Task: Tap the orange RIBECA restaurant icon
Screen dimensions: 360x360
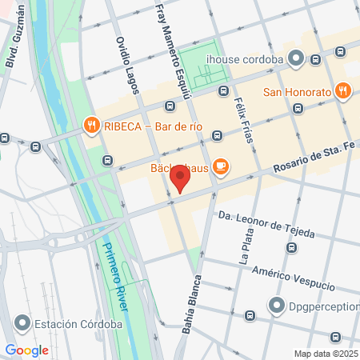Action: [91, 126]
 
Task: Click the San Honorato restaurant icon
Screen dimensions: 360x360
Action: [342, 91]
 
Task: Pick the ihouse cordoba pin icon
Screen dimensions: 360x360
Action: [297, 58]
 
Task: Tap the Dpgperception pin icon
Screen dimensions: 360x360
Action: [277, 305]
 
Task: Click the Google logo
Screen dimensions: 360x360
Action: [26, 350]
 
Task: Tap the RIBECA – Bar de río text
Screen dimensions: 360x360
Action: [149, 126]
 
